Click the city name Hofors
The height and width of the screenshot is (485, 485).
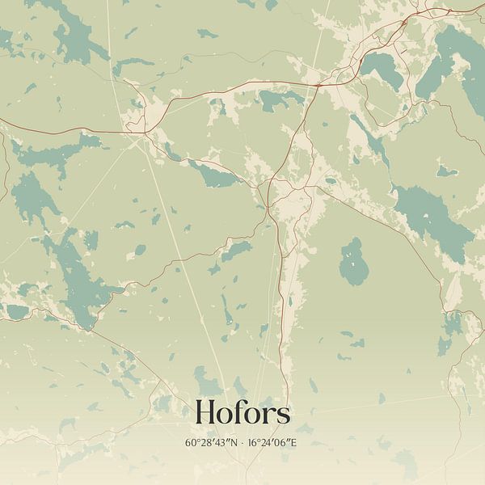coord(242,414)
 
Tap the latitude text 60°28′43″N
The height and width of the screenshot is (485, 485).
coord(212,443)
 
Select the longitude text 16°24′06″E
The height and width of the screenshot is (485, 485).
coord(276,443)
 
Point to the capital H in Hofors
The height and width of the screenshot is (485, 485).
coord(205,414)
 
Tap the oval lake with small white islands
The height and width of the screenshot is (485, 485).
coord(352,263)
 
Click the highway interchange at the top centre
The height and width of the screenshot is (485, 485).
coord(318,83)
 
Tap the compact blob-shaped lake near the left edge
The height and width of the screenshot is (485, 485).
coord(31,198)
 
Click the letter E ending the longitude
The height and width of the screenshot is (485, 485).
coord(304,443)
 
